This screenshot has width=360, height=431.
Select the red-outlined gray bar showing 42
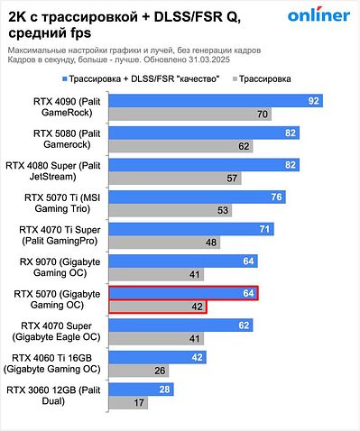click(157, 307)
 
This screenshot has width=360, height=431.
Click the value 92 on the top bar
click(339, 101)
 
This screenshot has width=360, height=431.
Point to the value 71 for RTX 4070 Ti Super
click(264, 230)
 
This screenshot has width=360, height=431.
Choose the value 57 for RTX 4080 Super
click(232, 179)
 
